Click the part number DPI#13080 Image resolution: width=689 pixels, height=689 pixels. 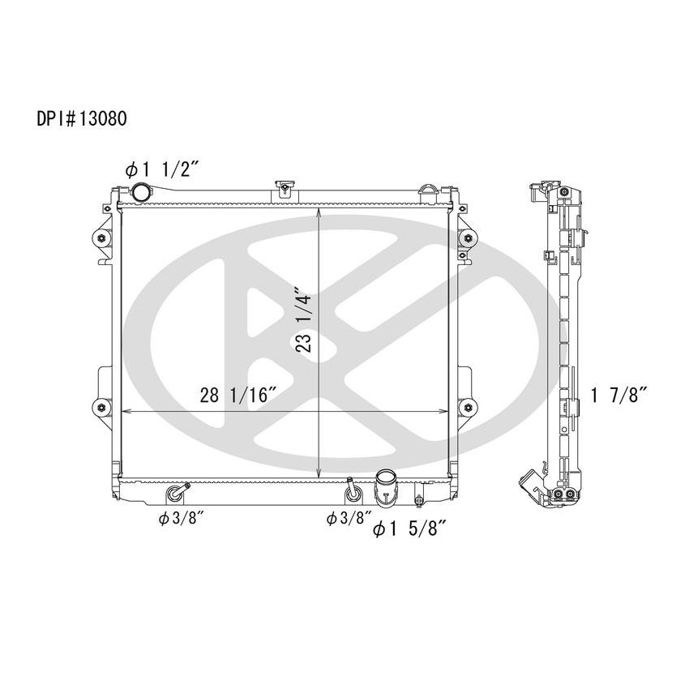[80, 118]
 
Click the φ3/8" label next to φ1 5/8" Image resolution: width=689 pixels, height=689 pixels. [348, 516]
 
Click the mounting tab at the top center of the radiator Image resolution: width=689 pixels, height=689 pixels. [284, 189]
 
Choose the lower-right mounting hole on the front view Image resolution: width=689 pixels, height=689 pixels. [467, 406]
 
